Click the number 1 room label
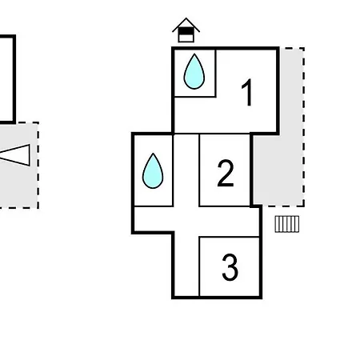pos(247,92)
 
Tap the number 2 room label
pos(226,174)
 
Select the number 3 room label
pos(230,267)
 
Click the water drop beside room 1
pos(194,71)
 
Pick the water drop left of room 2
pos(153,171)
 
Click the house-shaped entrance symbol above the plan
pos(186,30)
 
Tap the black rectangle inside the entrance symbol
pos(186,31)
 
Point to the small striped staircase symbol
pos(287,224)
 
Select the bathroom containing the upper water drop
pos(195,73)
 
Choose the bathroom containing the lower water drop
pos(154,170)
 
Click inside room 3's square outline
pos(230,266)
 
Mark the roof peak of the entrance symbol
pos(186,18)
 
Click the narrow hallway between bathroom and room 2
pos(186,170)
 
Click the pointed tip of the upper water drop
pos(194,54)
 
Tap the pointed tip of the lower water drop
pos(153,154)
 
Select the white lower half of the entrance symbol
pos(186,38)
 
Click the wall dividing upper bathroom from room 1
pos(215,73)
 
